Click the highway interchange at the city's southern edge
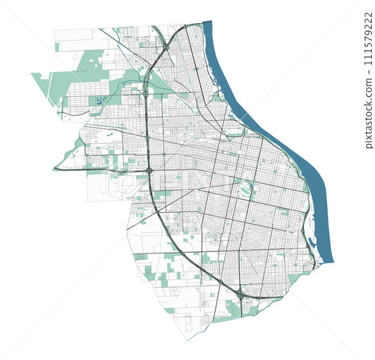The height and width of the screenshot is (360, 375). click(x=240, y=294)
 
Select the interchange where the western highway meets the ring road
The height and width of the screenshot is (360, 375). click(x=150, y=170)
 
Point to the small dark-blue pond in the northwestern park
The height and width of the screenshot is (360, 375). click(x=98, y=101)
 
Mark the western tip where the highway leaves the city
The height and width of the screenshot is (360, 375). click(x=54, y=169)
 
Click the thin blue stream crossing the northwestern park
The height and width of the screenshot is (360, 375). click(x=120, y=88)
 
